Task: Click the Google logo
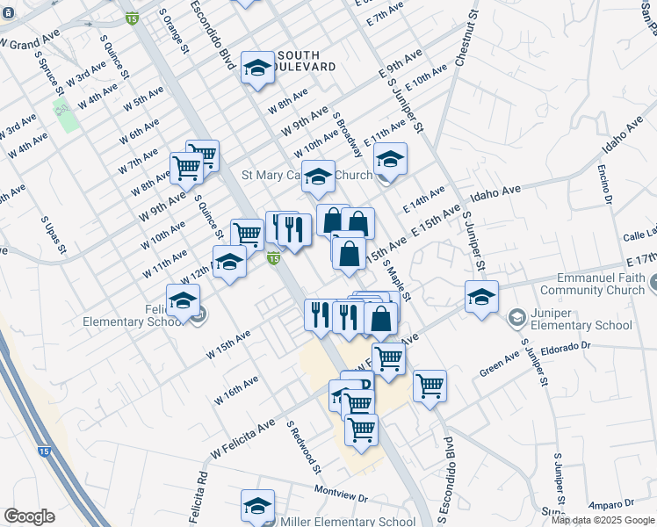point(29,516)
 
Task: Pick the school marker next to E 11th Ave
point(390,159)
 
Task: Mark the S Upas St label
point(49,238)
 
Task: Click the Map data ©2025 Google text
point(603,520)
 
